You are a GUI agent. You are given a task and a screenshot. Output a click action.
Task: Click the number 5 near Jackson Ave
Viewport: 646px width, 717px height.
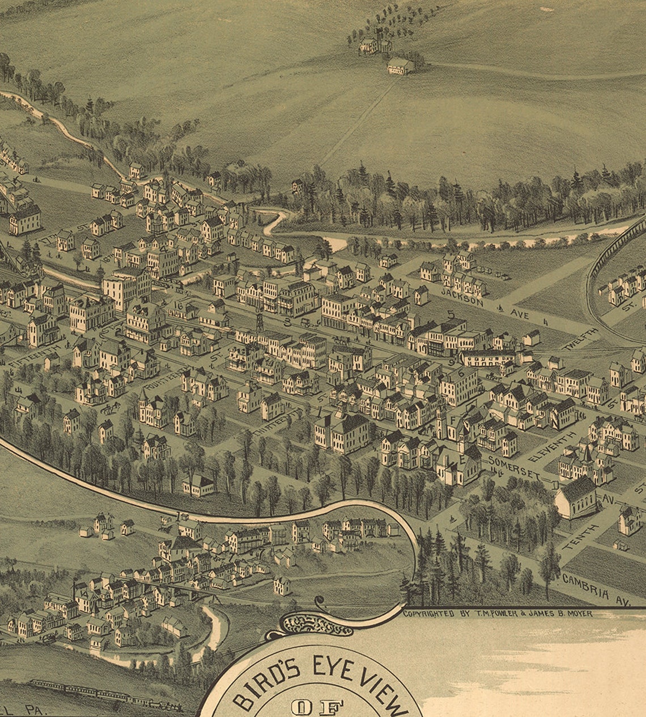point(451,314)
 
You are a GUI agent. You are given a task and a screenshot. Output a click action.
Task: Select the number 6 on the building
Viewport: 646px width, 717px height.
point(461,374)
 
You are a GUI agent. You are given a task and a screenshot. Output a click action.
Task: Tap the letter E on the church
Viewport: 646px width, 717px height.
point(462,460)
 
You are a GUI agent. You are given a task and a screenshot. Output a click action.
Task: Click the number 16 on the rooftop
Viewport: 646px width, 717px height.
point(180,306)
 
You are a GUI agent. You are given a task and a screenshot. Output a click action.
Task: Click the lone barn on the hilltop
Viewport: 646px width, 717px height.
point(401,66)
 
